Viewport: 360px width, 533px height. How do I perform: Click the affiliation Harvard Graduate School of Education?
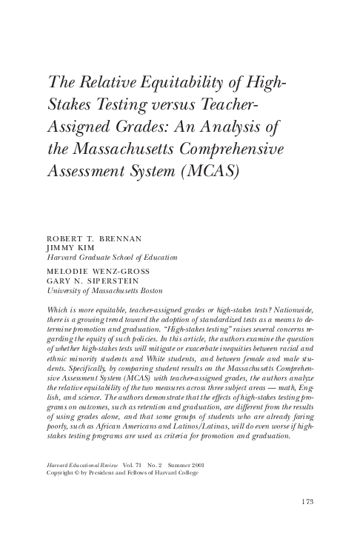[111, 258]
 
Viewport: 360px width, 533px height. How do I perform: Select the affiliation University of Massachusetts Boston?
[99, 291]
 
